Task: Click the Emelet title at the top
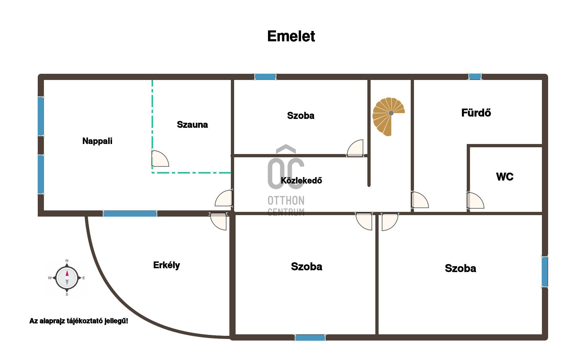(x=291, y=36)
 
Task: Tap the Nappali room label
(x=97, y=141)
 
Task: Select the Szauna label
(x=192, y=125)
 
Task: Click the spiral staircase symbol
(x=388, y=116)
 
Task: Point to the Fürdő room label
(x=476, y=113)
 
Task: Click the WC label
(x=504, y=177)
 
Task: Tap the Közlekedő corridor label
(x=301, y=180)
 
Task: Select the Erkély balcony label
(x=166, y=265)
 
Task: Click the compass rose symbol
(x=67, y=278)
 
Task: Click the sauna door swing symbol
(x=160, y=159)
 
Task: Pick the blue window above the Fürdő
(x=475, y=77)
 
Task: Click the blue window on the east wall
(x=545, y=272)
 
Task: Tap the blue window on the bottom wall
(x=310, y=338)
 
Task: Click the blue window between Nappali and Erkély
(x=130, y=213)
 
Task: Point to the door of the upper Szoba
(x=356, y=148)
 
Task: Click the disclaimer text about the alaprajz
(x=79, y=321)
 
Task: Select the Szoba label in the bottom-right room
(x=460, y=268)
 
